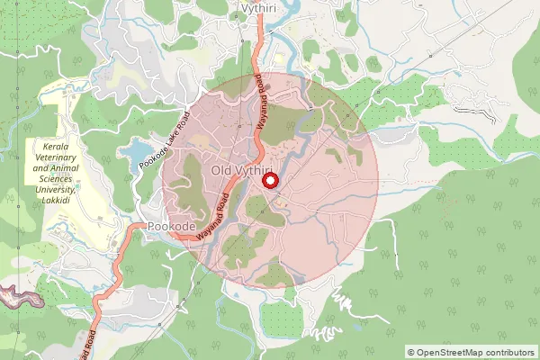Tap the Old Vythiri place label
[242, 170]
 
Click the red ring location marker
[267, 181]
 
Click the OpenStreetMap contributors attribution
[472, 352]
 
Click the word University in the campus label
[55, 191]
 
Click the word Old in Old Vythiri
[220, 170]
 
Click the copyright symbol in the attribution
[411, 352]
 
